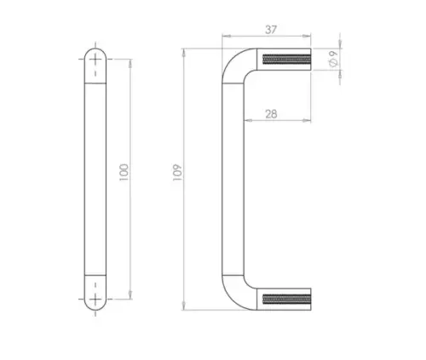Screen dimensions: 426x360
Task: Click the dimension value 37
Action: [x=271, y=30]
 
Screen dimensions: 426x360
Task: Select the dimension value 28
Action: [x=271, y=114]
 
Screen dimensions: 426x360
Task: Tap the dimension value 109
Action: [x=177, y=173]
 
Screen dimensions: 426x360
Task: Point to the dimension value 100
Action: [x=124, y=173]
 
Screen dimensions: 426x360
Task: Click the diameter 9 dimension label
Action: [x=333, y=59]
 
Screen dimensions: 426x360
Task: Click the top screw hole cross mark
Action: [x=95, y=60]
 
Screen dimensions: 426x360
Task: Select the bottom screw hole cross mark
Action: [x=95, y=299]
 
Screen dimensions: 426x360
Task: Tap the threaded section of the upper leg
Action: [x=287, y=60]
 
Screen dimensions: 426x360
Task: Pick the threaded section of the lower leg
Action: [x=287, y=299]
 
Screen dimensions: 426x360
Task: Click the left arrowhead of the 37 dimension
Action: [x=226, y=36]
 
